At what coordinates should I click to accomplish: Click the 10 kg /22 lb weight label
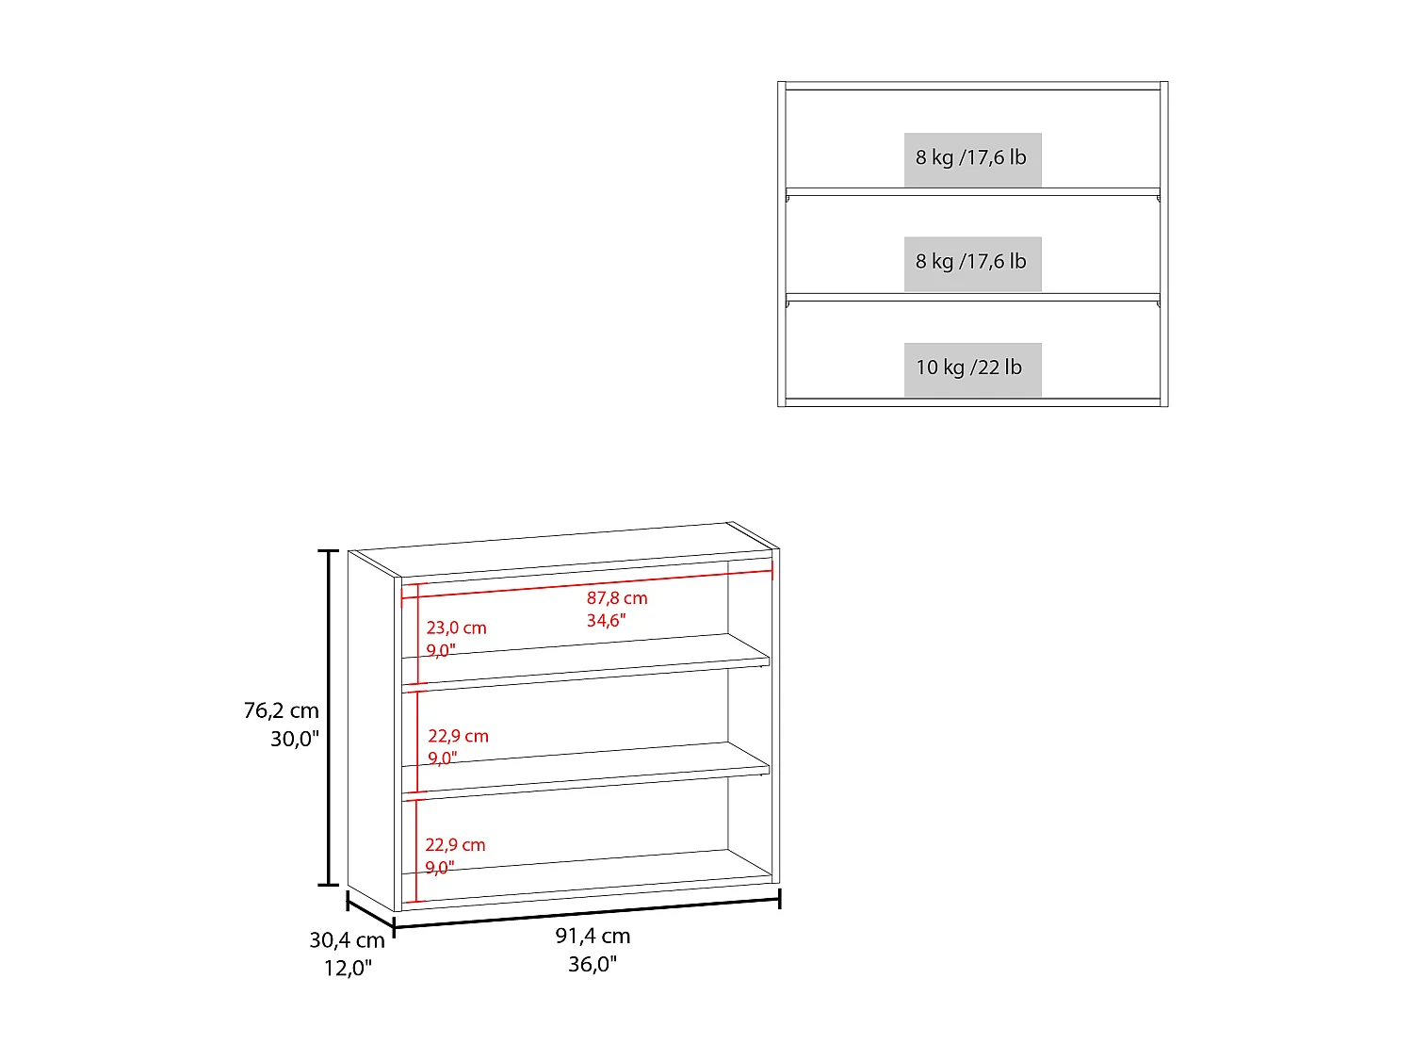pos(968,367)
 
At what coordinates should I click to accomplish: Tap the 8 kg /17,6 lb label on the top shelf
pos(971,157)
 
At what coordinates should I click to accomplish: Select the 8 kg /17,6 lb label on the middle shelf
pos(971,261)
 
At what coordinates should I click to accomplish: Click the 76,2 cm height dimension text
pos(282,710)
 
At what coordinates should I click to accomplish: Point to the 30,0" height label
pos(294,739)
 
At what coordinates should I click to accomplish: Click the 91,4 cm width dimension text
pos(593,936)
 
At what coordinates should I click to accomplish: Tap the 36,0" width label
pos(593,964)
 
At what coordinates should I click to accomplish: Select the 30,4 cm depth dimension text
pos(347,940)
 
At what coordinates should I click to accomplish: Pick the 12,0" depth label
pos(348,968)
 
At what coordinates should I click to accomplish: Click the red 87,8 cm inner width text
pos(617,598)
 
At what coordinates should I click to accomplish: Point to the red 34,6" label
pos(606,620)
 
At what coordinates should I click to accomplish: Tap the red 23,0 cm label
pos(457,628)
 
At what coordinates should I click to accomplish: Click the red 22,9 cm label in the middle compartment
pos(459,736)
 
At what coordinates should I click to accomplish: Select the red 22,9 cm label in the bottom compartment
pos(455,845)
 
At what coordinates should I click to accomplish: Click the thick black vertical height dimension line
pos(329,718)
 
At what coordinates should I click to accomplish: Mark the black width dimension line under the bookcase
pos(587,913)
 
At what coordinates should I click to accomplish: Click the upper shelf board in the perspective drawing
pos(586,661)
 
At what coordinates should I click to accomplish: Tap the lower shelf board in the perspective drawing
pos(586,770)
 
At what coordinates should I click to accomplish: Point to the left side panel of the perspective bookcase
pos(371,730)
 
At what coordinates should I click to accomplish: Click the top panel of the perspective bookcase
pos(564,549)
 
